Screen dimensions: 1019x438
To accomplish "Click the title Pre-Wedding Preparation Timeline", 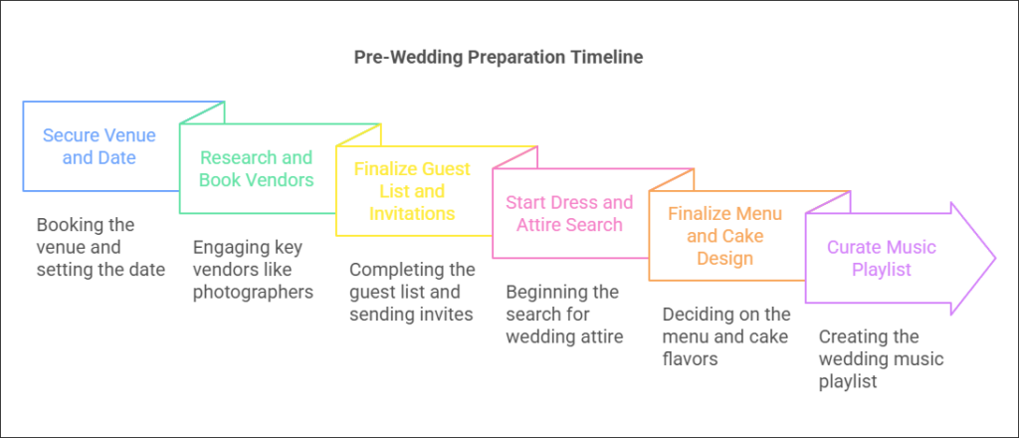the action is click(x=499, y=57).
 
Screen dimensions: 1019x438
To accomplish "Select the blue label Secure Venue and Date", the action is click(x=100, y=146).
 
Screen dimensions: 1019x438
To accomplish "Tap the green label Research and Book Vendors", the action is click(x=256, y=168).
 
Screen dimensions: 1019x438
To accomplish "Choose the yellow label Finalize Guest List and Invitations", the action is click(x=412, y=190).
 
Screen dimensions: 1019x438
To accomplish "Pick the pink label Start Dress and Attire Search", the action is click(x=569, y=213).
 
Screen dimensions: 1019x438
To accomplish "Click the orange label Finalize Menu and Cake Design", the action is click(x=724, y=235).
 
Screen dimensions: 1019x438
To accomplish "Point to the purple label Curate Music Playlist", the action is click(x=882, y=258).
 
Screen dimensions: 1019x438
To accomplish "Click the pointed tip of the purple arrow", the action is click(x=995, y=258).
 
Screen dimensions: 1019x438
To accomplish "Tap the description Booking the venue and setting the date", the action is click(x=101, y=248).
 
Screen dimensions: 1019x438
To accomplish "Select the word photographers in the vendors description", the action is click(x=254, y=292).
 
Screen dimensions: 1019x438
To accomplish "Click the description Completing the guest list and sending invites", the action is click(x=412, y=292).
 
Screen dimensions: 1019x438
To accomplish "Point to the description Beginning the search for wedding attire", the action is click(x=565, y=315).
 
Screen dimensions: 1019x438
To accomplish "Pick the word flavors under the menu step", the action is click(x=691, y=358).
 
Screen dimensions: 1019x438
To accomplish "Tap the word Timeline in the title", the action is click(x=606, y=57).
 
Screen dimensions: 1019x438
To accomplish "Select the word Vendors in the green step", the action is click(x=277, y=179).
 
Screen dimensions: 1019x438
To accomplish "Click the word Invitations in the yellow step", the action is click(x=412, y=212).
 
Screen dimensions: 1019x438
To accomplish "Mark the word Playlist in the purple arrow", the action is click(x=882, y=269).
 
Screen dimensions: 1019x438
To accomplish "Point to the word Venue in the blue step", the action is click(x=130, y=135).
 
